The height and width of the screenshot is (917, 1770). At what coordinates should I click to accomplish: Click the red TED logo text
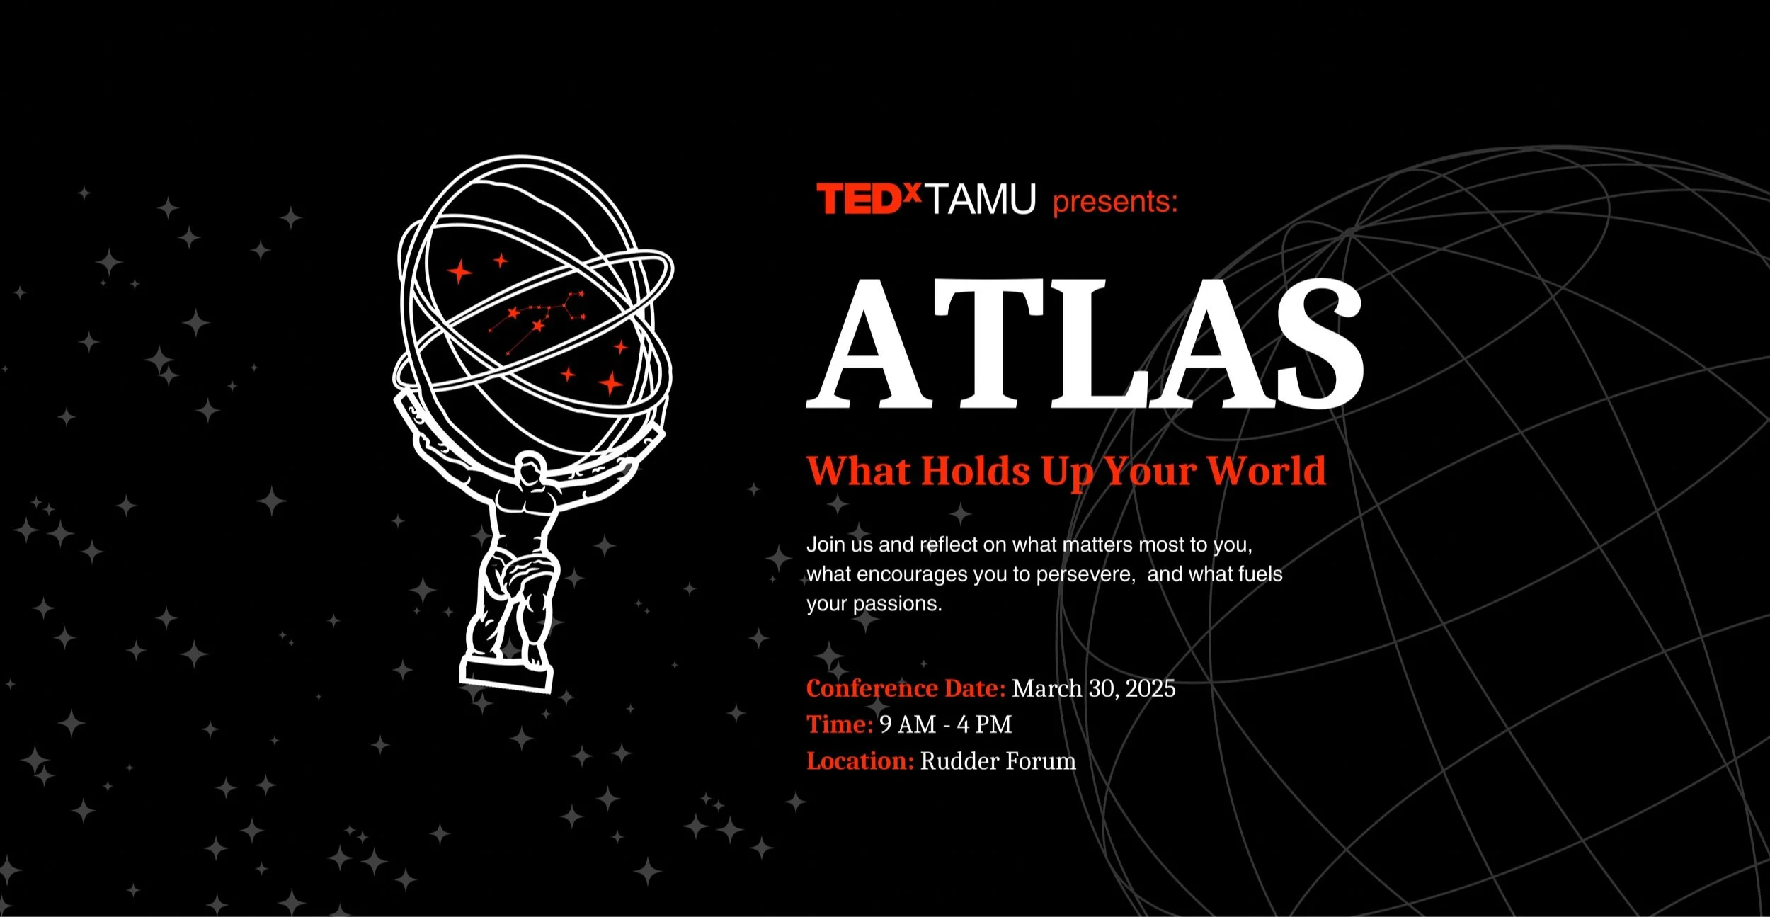[858, 199]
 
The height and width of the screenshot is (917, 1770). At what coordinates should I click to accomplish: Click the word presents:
[1114, 202]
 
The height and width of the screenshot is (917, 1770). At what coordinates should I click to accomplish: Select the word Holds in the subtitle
[975, 471]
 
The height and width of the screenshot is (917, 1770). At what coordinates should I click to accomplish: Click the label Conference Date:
[906, 688]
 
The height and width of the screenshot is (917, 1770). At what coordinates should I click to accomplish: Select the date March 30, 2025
[1093, 688]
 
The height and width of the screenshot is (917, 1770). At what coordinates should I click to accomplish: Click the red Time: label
[840, 724]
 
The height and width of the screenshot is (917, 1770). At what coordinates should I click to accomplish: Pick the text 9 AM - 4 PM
[945, 724]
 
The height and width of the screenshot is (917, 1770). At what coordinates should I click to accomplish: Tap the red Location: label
[860, 761]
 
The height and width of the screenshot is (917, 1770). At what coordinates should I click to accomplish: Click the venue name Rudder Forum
[998, 761]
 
